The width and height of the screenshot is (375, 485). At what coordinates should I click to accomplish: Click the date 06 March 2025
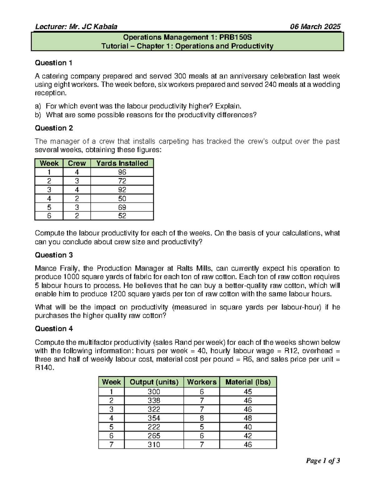(x=315, y=27)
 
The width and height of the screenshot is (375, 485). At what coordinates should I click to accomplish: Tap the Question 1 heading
(x=53, y=63)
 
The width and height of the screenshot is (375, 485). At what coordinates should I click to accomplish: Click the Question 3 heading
(x=53, y=255)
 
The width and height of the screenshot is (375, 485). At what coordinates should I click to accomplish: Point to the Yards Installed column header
(x=122, y=163)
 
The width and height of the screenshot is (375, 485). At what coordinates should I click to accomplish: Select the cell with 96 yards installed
(x=122, y=172)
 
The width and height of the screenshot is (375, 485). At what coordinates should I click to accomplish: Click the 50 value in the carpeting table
(x=122, y=199)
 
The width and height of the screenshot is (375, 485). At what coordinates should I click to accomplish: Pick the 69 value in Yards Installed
(x=122, y=207)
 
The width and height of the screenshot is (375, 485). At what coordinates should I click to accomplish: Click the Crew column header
(x=77, y=163)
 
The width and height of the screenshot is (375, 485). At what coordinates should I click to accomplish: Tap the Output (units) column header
(x=154, y=382)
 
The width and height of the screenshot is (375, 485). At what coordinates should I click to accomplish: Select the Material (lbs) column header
(x=248, y=382)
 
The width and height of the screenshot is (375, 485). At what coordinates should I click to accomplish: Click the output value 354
(x=154, y=418)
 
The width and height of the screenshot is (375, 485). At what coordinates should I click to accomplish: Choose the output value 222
(x=154, y=427)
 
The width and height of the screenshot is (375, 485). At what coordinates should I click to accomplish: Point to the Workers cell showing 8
(x=202, y=418)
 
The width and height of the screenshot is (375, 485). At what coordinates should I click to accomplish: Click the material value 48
(x=248, y=418)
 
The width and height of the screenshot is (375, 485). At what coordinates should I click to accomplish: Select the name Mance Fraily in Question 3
(x=54, y=268)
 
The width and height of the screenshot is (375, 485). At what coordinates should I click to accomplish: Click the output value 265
(x=154, y=436)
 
